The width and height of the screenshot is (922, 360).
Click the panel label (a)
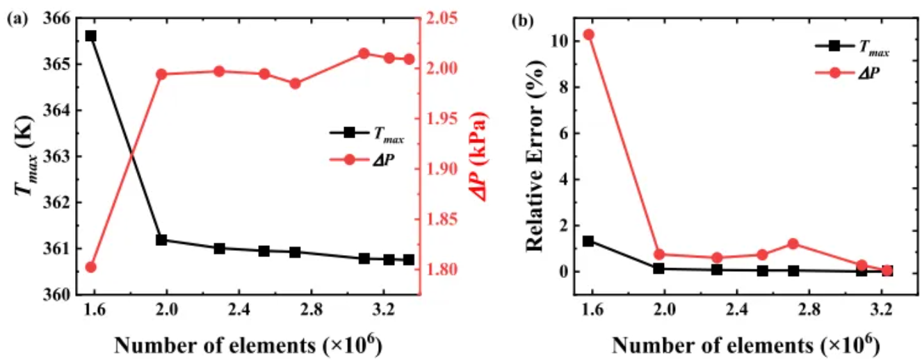point(17,20)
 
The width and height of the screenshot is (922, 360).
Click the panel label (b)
point(523,20)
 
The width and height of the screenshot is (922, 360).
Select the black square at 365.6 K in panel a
point(90,35)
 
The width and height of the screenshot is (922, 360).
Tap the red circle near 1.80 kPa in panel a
point(90,267)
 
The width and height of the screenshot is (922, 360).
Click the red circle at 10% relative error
point(588,35)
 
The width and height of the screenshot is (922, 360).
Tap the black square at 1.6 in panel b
point(588,241)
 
